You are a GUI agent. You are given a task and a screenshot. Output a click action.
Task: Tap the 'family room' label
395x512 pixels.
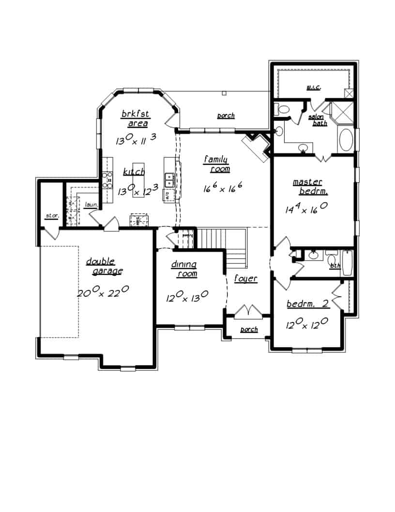pyautogui.click(x=216, y=164)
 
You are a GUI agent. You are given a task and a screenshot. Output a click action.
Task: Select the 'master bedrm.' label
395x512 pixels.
pyautogui.click(x=308, y=186)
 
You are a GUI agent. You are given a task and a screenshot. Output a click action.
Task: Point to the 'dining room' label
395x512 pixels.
pyautogui.click(x=184, y=269)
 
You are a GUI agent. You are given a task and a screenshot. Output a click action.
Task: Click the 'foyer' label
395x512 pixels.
pyautogui.click(x=245, y=279)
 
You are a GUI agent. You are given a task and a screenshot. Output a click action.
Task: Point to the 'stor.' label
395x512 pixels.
pyautogui.click(x=51, y=215)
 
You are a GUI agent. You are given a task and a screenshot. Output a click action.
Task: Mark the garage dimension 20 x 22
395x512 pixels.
pyautogui.click(x=103, y=292)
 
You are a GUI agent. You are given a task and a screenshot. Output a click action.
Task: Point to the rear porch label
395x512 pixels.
pyautogui.click(x=226, y=116)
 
